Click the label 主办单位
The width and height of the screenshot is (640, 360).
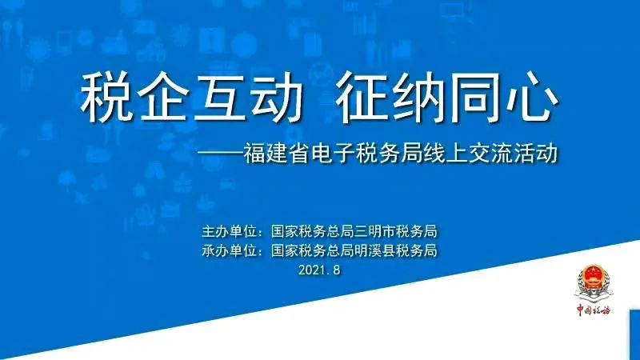tap(229, 231)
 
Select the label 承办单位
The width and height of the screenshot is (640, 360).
tap(229, 250)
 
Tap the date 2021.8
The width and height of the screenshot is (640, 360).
tap(319, 270)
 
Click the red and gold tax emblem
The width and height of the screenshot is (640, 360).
tap(593, 282)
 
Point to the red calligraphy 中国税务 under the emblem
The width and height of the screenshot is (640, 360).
tap(593, 310)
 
